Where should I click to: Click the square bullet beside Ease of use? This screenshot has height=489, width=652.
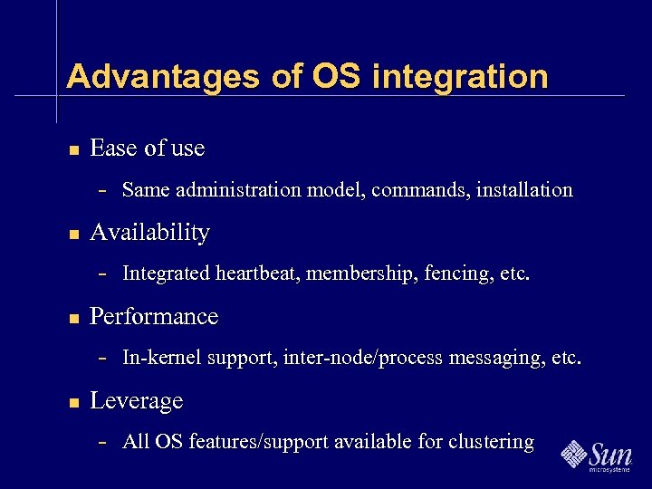tap(73, 149)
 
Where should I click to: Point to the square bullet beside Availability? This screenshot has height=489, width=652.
tap(73, 234)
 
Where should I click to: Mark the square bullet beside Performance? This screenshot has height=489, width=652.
tap(73, 318)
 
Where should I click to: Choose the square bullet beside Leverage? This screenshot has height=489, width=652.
tap(73, 402)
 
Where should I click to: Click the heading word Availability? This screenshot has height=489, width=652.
tap(149, 233)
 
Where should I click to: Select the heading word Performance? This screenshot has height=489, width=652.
tap(154, 317)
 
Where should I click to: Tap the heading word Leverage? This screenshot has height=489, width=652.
tap(136, 401)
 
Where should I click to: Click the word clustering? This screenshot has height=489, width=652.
tap(490, 442)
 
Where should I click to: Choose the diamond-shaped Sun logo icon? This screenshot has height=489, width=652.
tap(574, 454)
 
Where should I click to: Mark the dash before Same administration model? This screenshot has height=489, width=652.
tap(103, 191)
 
